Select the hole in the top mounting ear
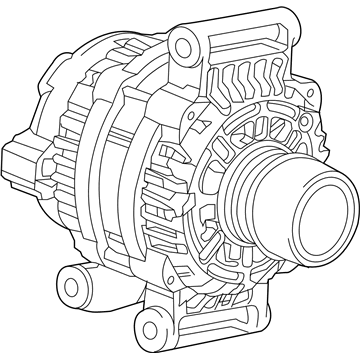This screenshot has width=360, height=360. click(181, 41)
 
